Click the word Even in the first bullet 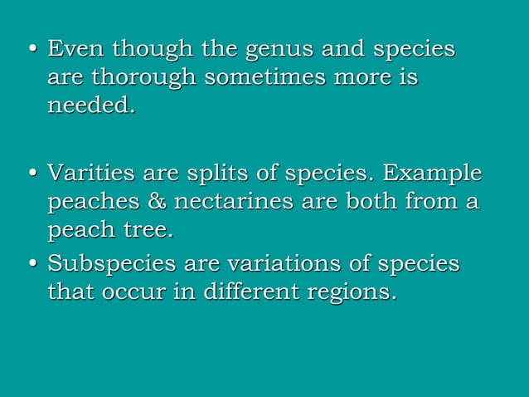pos(76,49)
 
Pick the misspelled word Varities pos(92,174)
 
